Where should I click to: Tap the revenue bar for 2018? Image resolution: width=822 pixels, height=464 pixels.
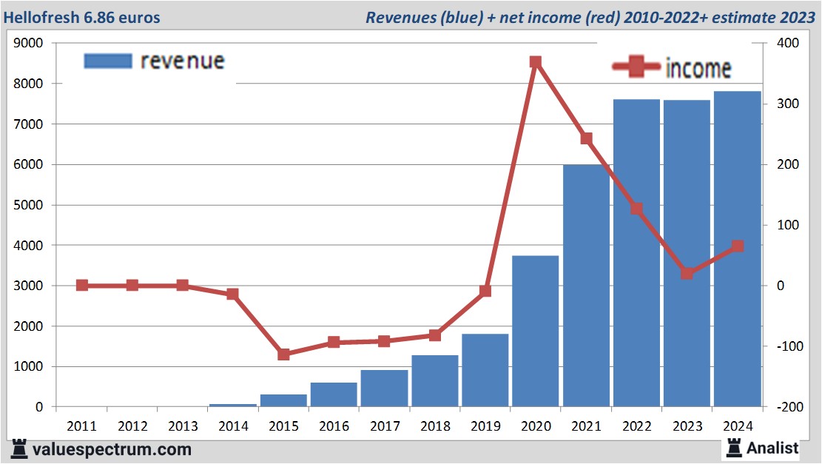(x=435, y=380)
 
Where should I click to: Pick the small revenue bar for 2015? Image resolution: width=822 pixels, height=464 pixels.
(x=283, y=400)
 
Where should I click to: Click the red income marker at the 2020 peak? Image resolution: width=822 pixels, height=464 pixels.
(x=536, y=62)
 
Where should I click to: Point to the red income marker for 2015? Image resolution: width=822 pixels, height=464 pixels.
(x=283, y=354)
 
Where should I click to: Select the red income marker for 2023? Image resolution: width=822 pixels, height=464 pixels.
(x=687, y=274)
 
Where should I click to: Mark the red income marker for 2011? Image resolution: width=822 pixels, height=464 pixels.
(x=82, y=286)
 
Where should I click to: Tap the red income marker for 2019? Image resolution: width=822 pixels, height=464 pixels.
(x=485, y=291)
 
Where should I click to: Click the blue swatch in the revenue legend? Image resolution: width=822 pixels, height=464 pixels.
(x=108, y=61)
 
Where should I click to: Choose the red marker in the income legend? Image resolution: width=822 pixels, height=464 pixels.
(x=636, y=67)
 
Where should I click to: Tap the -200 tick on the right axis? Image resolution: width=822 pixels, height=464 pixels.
(x=786, y=407)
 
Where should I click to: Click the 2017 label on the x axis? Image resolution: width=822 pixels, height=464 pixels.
(x=385, y=426)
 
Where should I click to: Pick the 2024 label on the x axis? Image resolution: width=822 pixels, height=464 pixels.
(x=738, y=426)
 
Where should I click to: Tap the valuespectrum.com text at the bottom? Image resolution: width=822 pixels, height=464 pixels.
(x=112, y=449)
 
